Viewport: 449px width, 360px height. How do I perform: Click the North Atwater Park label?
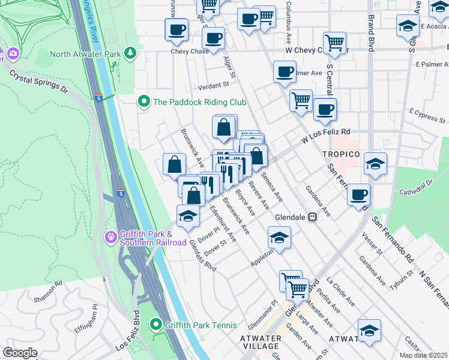[x=85, y=54]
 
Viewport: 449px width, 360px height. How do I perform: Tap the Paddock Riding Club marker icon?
[x=143, y=102]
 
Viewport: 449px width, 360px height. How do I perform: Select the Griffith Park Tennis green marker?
[x=157, y=325]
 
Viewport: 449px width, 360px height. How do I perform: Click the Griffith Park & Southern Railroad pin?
[x=110, y=238]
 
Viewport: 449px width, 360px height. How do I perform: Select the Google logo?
[x=20, y=353]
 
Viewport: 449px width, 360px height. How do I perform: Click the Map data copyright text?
[x=424, y=355]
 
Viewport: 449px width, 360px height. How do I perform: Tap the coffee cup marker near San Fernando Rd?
[x=358, y=194]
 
